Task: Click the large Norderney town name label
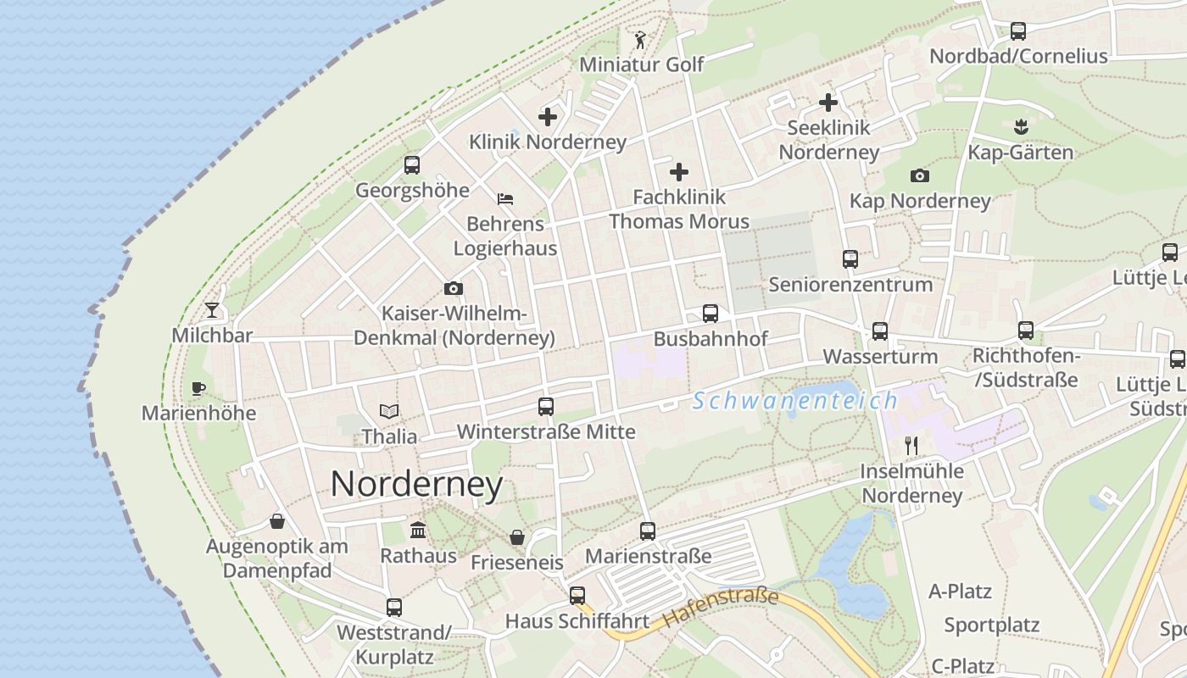(x=416, y=485)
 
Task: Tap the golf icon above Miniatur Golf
(x=640, y=40)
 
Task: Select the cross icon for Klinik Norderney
(x=548, y=117)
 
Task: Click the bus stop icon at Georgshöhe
(x=412, y=165)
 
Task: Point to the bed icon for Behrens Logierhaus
(x=505, y=199)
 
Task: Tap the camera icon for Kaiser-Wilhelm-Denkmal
(x=454, y=289)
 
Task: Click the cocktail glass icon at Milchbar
(x=212, y=310)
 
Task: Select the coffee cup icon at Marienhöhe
(x=198, y=389)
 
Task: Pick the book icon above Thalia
(x=389, y=412)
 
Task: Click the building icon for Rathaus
(x=418, y=531)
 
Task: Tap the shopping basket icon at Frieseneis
(x=516, y=537)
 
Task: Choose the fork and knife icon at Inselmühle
(x=911, y=446)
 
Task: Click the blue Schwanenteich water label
(x=794, y=401)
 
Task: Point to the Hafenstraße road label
(x=721, y=607)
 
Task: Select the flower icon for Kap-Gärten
(x=1021, y=127)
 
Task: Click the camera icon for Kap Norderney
(x=920, y=176)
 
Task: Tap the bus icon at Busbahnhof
(x=711, y=314)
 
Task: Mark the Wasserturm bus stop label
(x=880, y=356)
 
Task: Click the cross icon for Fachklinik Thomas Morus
(x=679, y=172)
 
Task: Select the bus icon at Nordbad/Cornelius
(x=1018, y=31)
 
